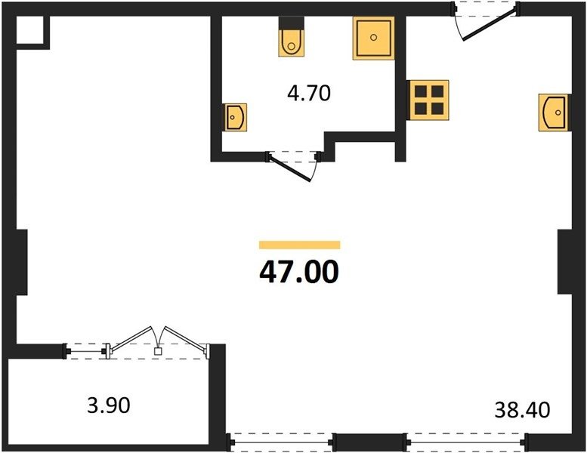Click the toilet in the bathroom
291,37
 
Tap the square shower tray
374,39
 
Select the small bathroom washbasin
236,118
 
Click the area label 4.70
309,94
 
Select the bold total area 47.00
299,272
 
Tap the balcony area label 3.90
109,405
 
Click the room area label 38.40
522,410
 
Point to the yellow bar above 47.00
299,245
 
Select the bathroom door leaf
290,168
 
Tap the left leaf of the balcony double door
131,337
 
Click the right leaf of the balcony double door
186,339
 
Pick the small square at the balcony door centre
158,351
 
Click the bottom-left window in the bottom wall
281,442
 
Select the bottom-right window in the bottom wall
465,442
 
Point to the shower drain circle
373,37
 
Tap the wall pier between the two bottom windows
369,442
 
